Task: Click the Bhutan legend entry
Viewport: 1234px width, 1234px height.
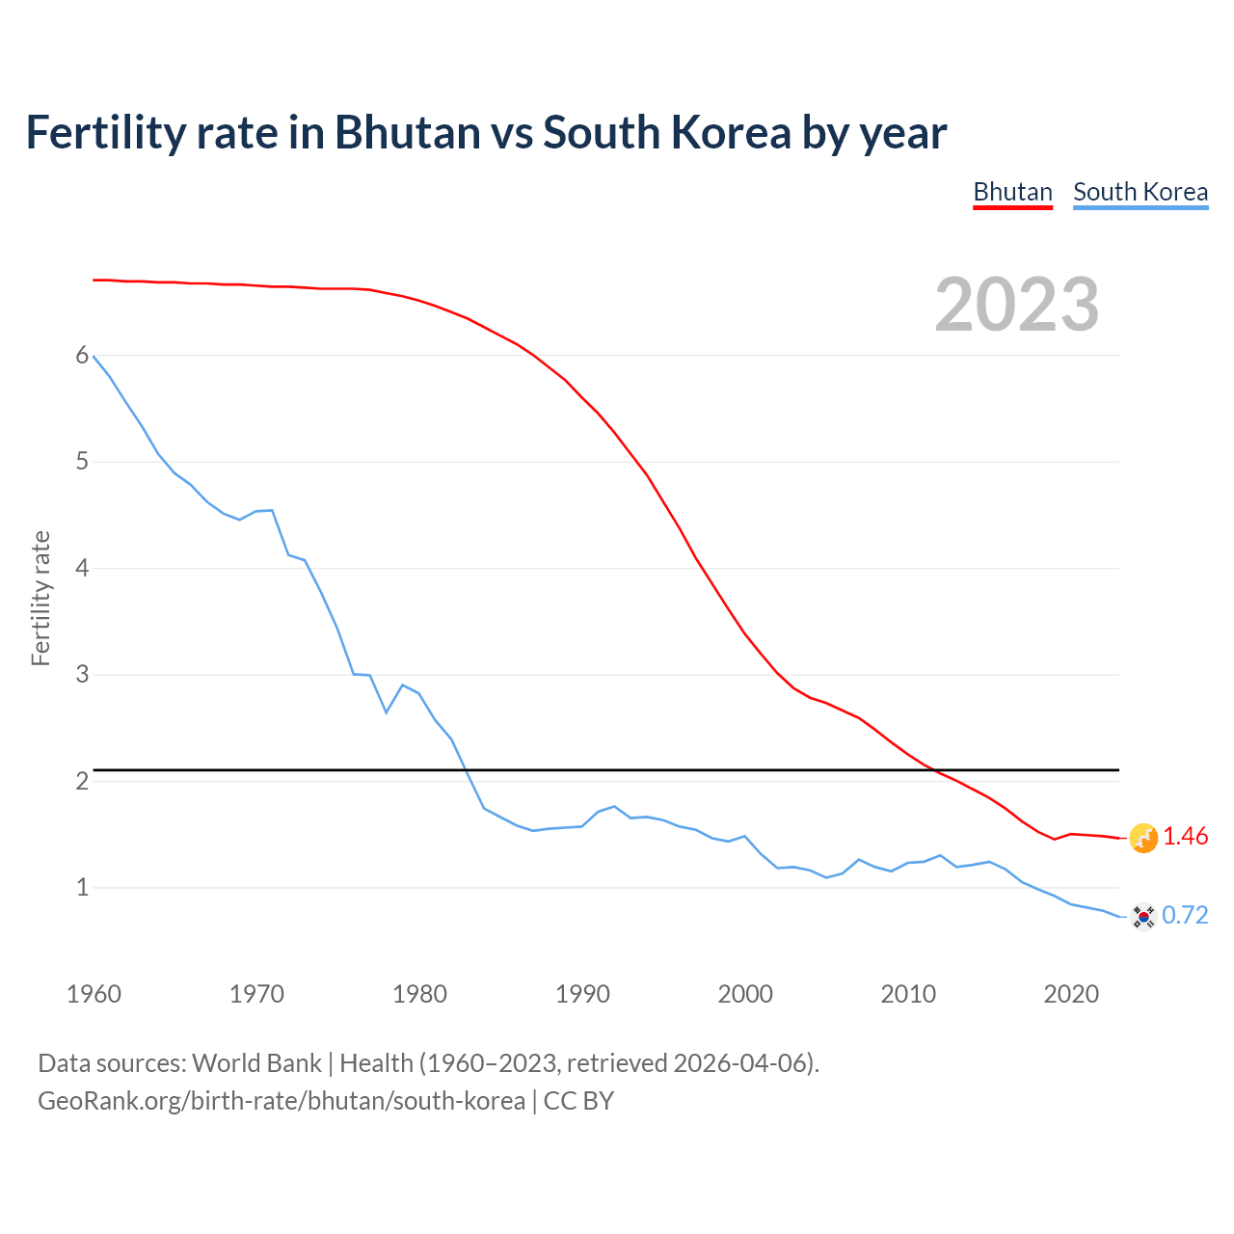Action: (1012, 192)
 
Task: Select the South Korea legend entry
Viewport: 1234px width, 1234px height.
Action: (1140, 192)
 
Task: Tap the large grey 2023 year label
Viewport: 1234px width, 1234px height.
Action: (1017, 305)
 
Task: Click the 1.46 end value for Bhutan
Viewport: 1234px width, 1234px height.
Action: (1185, 836)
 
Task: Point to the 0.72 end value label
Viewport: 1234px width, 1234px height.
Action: (1185, 915)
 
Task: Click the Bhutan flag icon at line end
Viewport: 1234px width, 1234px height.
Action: (1143, 838)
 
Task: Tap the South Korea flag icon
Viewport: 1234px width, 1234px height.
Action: (1143, 916)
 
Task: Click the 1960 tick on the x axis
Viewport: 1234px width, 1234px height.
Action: (94, 994)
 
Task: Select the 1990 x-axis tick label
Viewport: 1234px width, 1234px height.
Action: (582, 994)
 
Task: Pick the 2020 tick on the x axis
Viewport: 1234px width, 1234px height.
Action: (1071, 994)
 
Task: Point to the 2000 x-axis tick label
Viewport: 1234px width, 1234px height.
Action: (745, 994)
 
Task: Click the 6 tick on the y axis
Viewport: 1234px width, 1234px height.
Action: (82, 356)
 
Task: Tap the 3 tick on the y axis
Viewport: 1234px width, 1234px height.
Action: (82, 675)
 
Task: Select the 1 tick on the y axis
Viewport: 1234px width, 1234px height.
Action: (82, 887)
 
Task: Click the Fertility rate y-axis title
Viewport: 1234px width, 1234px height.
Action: (40, 598)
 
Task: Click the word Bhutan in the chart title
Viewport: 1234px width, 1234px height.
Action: (407, 132)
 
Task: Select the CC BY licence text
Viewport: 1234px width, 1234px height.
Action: (578, 1101)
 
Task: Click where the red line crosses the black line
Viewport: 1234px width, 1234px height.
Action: (933, 769)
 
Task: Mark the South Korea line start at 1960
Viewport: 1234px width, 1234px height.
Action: (94, 357)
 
